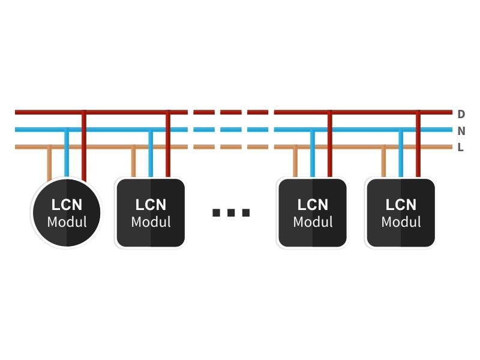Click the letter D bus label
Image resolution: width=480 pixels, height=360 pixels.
461,114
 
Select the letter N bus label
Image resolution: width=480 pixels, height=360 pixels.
461,131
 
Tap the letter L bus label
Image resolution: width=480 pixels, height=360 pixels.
461,148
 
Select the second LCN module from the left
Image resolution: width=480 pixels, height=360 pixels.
151,213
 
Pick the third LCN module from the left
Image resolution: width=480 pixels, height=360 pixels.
312,213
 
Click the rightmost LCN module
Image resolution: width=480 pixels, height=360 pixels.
401,213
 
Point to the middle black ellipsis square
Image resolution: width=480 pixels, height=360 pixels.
231,212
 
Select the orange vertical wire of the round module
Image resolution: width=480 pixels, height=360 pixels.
50,163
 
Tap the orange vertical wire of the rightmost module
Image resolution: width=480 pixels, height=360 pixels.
383,163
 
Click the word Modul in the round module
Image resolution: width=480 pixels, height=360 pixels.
67,222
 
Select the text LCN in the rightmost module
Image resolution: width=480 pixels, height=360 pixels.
401,205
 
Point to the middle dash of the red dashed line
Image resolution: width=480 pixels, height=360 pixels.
230,112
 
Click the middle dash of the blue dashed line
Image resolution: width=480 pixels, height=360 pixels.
230,130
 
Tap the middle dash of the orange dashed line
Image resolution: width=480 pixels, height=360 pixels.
230,147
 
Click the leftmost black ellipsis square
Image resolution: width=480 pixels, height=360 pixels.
217,212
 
